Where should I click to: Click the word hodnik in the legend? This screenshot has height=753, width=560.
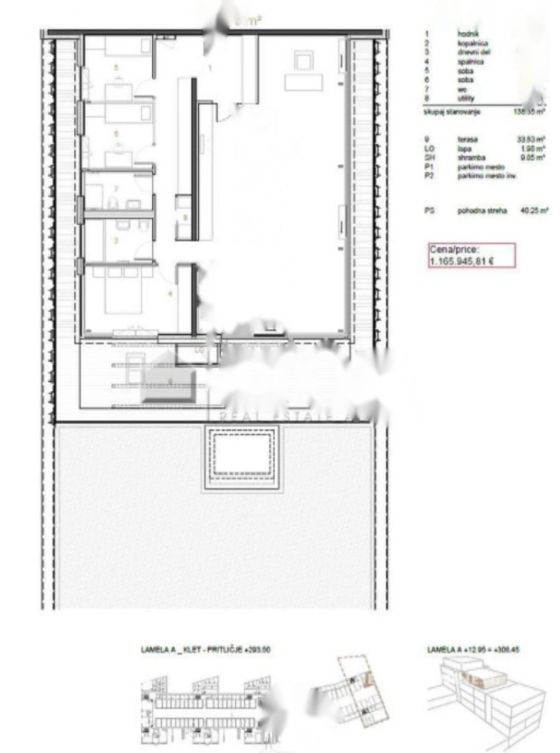tap(466, 34)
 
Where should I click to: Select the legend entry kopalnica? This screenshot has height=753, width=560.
tap(471, 43)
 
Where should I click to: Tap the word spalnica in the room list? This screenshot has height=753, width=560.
tap(470, 61)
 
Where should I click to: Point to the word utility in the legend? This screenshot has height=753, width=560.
tap(466, 98)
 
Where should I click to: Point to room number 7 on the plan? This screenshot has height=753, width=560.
tap(116, 189)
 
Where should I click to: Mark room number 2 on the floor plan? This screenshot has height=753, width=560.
tap(116, 240)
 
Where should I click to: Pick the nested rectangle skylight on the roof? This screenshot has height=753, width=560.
tap(242, 458)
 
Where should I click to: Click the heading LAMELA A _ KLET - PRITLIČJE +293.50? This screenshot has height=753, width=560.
tap(205, 650)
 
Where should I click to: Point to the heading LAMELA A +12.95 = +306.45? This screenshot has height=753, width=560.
tap(474, 649)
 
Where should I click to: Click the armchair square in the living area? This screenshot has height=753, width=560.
tap(304, 61)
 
